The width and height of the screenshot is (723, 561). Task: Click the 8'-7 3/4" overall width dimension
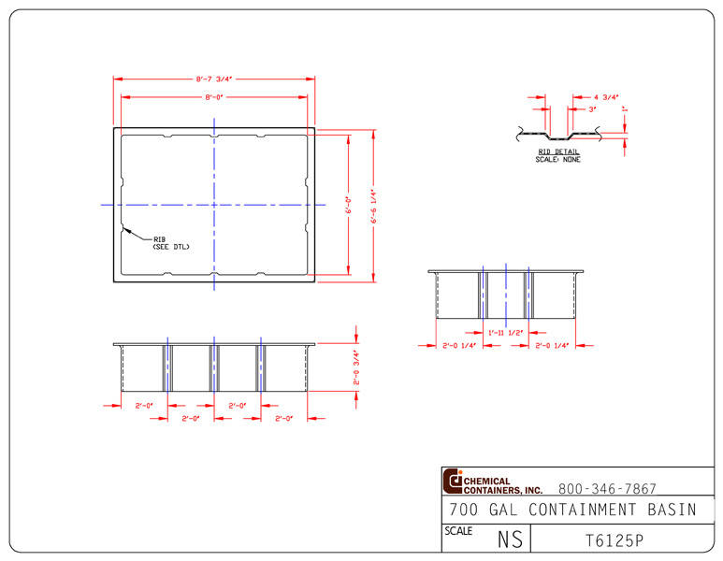[213, 79]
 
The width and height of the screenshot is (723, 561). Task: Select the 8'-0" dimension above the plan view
[213, 97]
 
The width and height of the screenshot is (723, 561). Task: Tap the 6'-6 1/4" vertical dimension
[373, 206]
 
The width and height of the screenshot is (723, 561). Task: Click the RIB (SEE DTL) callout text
[170, 243]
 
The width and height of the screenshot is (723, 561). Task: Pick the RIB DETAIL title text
[557, 151]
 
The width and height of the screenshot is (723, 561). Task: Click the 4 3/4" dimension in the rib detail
[607, 96]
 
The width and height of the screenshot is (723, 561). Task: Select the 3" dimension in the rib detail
[593, 109]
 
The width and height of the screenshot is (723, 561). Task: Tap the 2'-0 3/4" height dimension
[355, 367]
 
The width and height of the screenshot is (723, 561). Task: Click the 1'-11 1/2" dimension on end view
[505, 333]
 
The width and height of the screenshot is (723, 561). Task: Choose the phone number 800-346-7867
[607, 489]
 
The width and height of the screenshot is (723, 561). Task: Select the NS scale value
[510, 539]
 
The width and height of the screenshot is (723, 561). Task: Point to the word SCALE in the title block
[458, 530]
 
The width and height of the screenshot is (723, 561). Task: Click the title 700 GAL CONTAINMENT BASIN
[572, 510]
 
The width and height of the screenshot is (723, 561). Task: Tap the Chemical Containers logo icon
[454, 481]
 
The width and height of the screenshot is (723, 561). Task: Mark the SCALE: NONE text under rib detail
[557, 160]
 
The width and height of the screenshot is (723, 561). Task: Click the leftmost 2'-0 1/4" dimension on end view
[459, 346]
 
